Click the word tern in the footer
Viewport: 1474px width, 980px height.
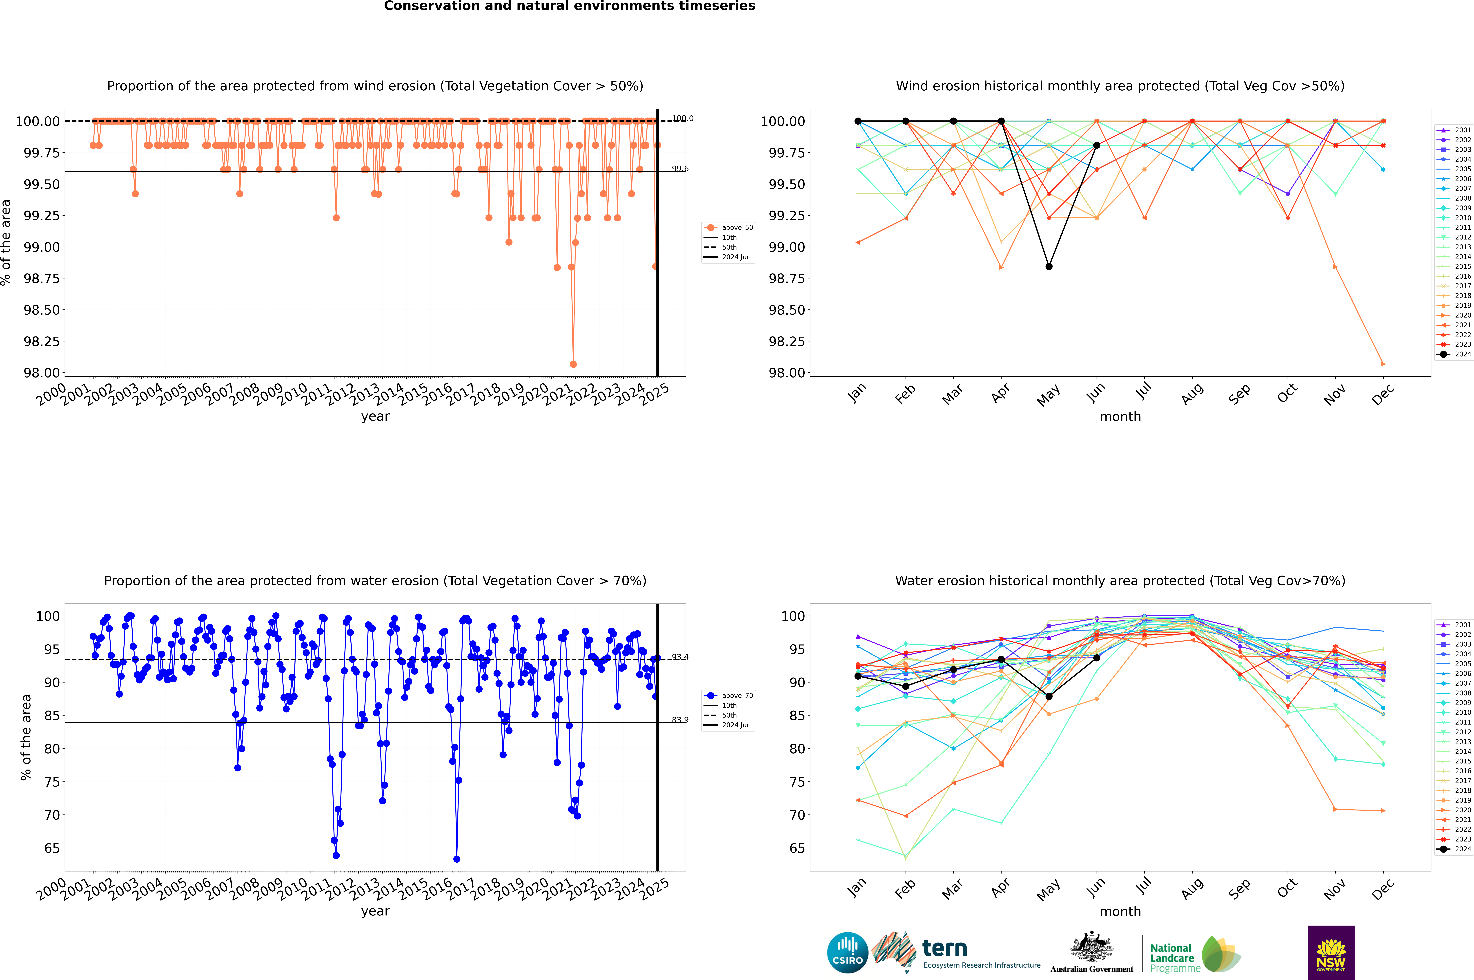(x=945, y=949)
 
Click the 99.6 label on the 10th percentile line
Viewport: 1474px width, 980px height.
(x=680, y=169)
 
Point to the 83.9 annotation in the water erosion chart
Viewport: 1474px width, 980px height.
(x=680, y=720)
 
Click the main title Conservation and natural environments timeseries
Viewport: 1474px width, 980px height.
(x=569, y=6)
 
